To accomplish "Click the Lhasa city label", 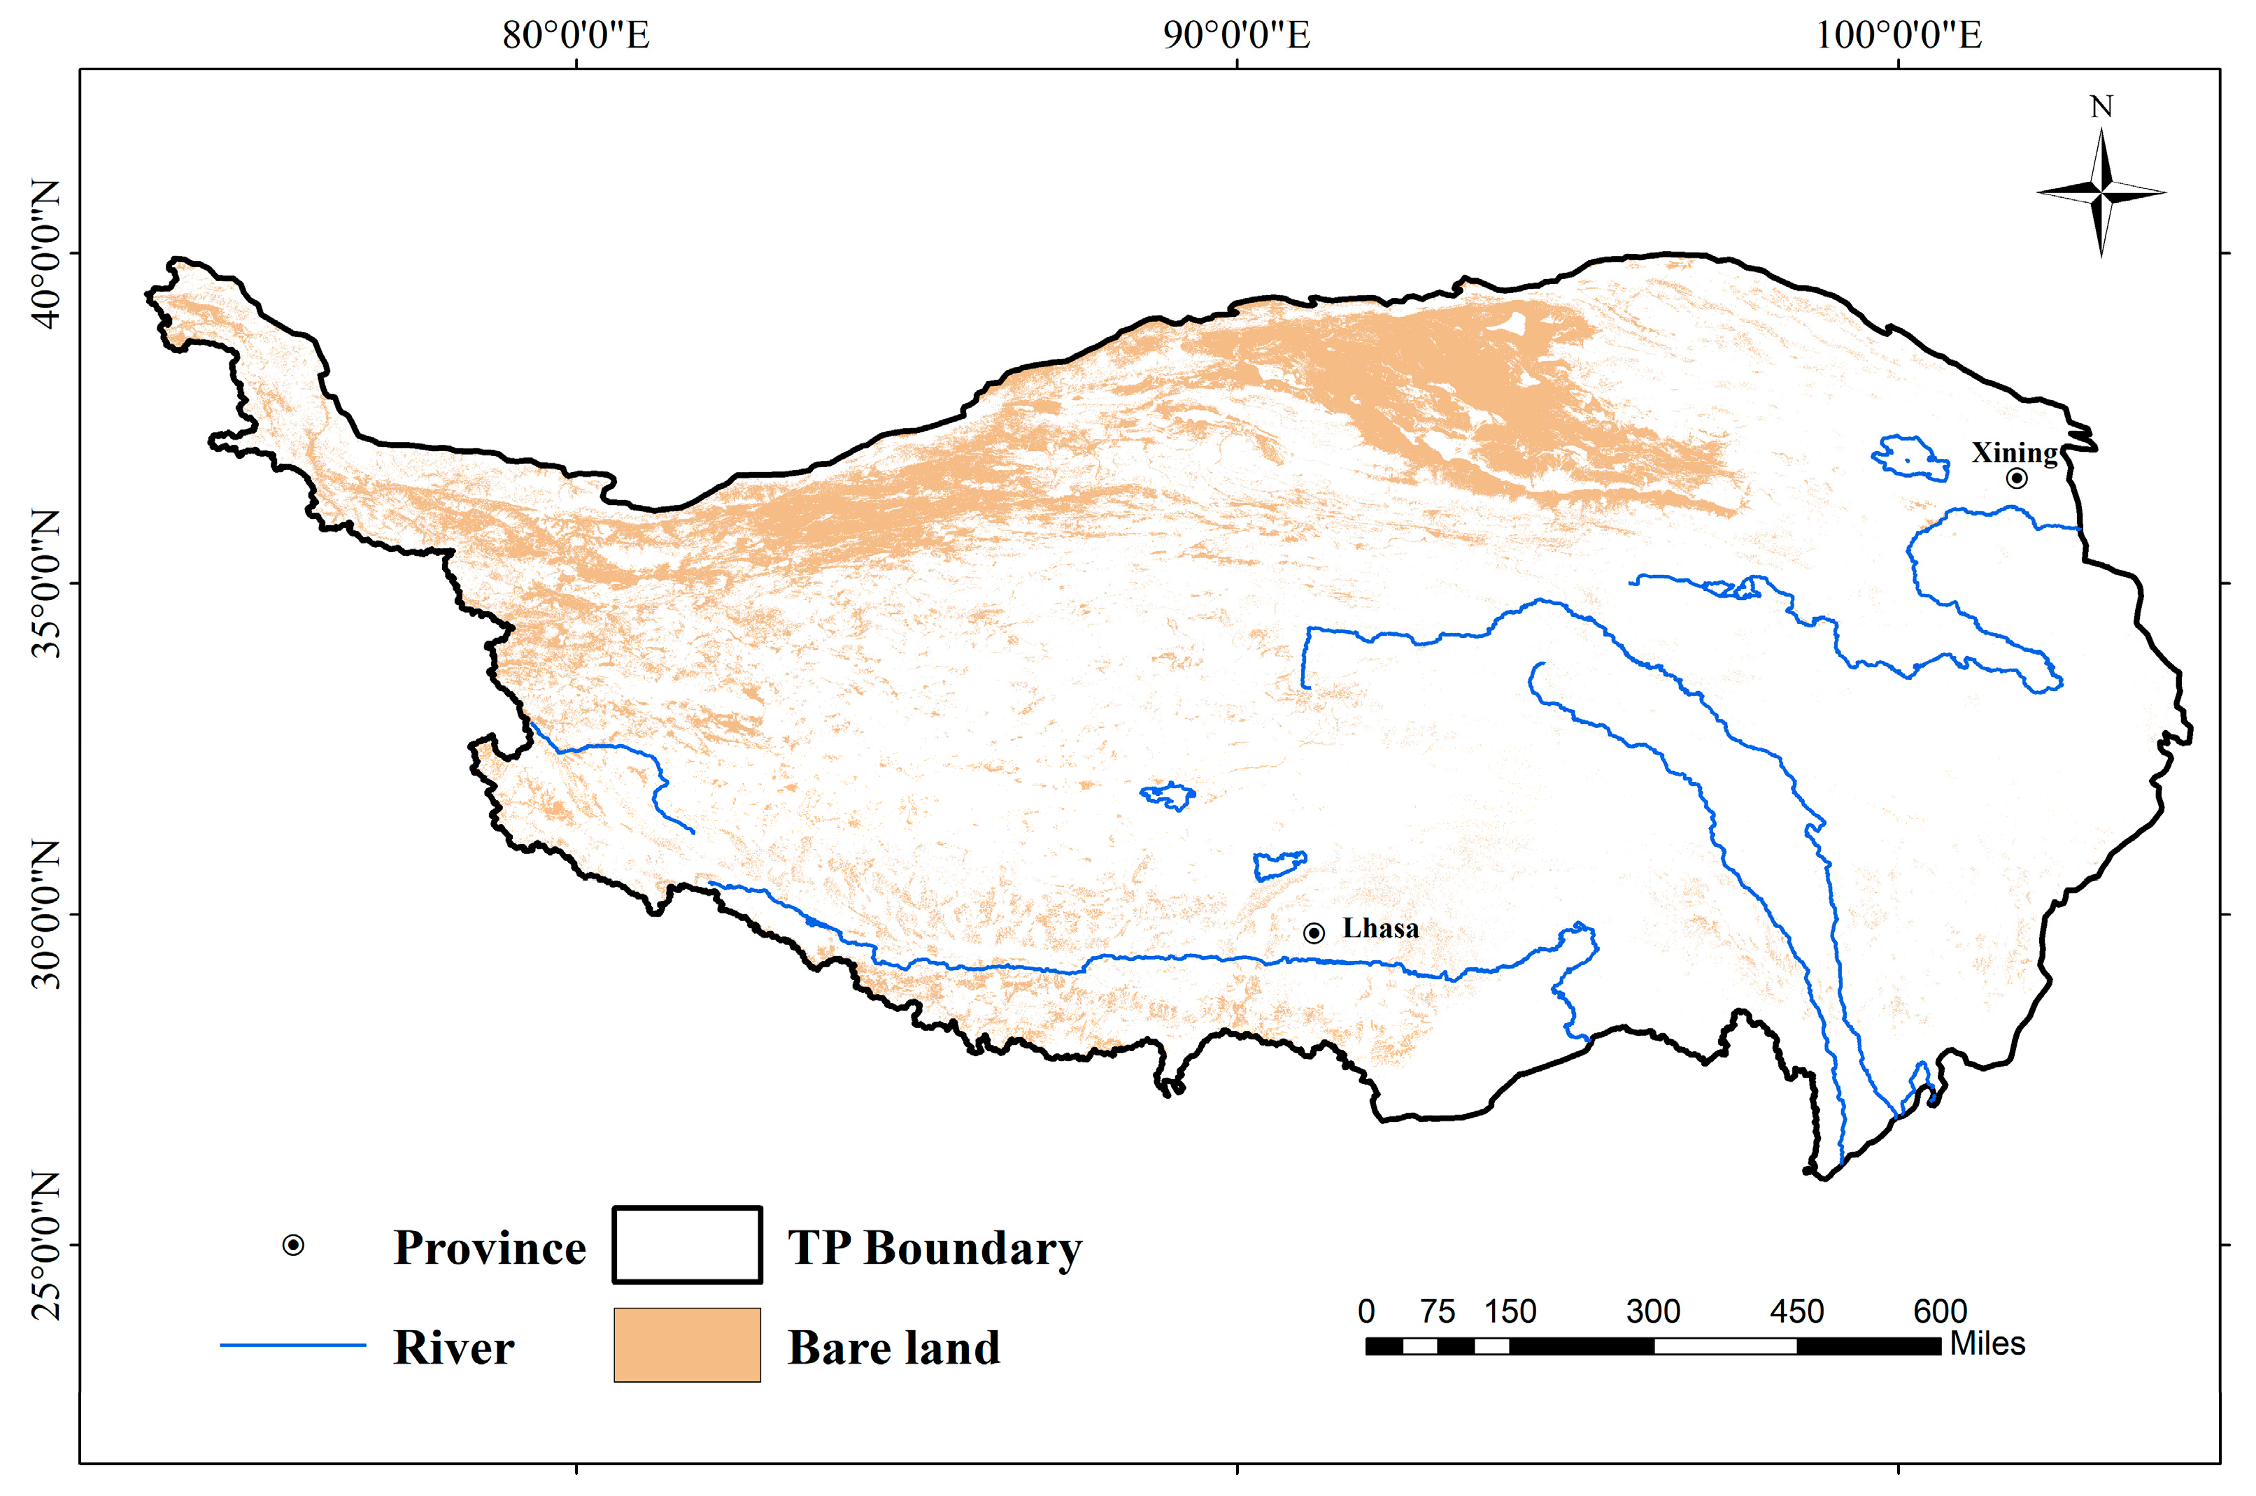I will coord(1380,928).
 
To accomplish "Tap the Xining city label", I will coord(2013,453).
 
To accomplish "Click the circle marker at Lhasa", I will coord(1314,933).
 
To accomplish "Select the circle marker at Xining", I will coord(2017,478).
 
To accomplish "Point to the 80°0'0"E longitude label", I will coord(576,35).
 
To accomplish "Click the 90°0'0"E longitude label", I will coord(1237,35).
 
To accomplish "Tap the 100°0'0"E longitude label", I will coord(1898,35).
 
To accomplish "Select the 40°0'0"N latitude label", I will coord(45,254).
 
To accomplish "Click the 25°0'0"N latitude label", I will coord(45,1245).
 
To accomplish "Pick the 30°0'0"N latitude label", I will coord(45,915).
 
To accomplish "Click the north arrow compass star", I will coord(2101,193).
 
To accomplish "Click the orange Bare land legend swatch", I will coord(687,1345).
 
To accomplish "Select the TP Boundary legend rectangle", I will coord(687,1245).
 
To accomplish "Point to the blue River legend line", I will coord(293,1345).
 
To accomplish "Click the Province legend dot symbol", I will coord(293,1245).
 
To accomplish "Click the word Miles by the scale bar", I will coord(1987,1344).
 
